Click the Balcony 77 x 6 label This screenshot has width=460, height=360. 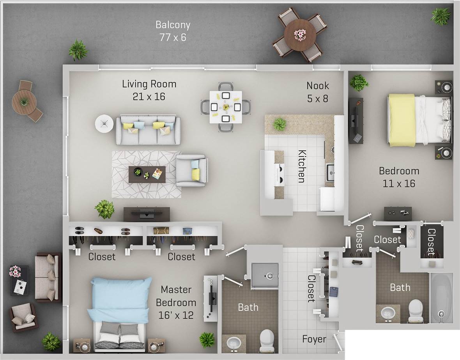click(173, 31)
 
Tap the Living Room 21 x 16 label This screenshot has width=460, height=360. click(149, 90)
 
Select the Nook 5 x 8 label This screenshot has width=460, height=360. click(317, 92)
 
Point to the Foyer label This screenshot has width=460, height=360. click(314, 339)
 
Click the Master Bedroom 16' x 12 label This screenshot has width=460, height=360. click(176, 302)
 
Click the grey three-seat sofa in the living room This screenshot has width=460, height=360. click(148, 130)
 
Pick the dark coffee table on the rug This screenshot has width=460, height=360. click(147, 174)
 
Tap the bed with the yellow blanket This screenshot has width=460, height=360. click(417, 120)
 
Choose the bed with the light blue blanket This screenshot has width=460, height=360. click(120, 308)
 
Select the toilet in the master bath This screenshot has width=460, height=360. click(267, 340)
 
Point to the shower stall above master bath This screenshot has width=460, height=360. click(265, 275)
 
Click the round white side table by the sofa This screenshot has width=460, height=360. click(104, 124)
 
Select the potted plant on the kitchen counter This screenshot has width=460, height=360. click(280, 124)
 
